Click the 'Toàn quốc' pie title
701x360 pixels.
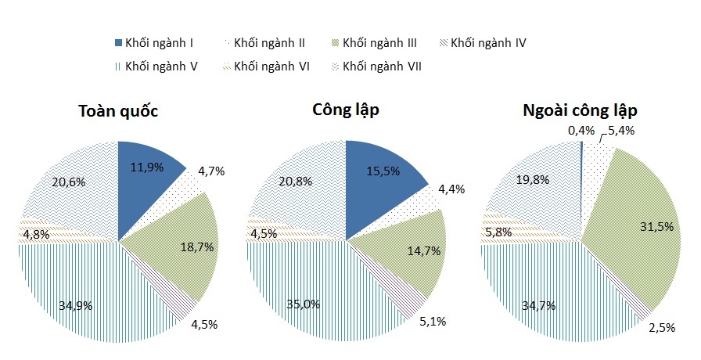[118, 111]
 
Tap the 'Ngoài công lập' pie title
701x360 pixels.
[581, 110]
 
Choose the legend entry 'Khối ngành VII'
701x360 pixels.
[383, 67]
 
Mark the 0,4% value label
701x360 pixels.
[581, 131]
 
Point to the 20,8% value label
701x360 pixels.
[297, 181]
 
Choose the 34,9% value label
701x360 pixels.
[76, 305]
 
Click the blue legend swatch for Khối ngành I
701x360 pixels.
[119, 42]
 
